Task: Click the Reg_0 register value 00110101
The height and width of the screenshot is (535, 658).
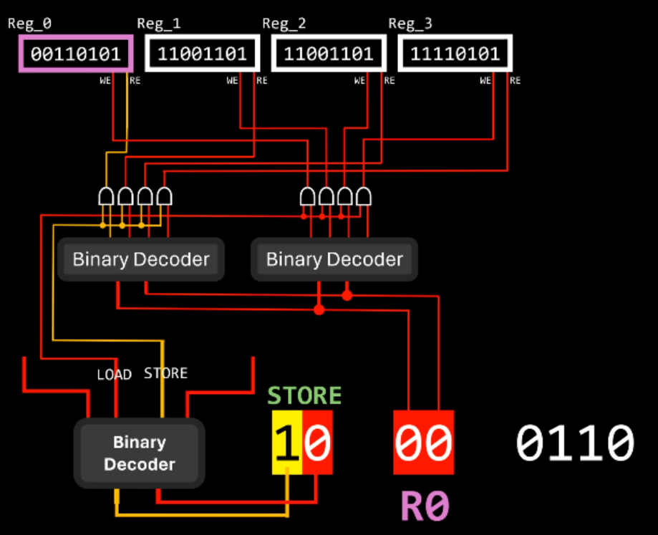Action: tap(76, 54)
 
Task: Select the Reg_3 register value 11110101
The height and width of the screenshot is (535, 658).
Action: tap(455, 54)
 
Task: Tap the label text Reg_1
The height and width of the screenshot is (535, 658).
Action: tap(158, 24)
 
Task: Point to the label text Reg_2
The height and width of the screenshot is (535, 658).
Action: tap(284, 24)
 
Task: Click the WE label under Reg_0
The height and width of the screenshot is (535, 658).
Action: tap(105, 80)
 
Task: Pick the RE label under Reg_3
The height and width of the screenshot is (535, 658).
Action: tap(516, 80)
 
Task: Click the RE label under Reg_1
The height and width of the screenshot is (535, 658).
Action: tap(262, 80)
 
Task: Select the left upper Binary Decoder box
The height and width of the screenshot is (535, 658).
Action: tap(141, 259)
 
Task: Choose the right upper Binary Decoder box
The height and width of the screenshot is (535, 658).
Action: tap(334, 259)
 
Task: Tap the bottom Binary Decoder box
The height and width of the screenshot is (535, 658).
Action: tap(140, 453)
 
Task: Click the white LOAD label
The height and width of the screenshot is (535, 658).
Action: tap(114, 375)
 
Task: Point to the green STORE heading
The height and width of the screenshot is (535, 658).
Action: tap(304, 395)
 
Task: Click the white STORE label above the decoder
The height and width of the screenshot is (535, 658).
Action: tap(165, 373)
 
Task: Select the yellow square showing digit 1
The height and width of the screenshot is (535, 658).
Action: tap(287, 442)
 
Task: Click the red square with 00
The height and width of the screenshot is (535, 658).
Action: tap(423, 442)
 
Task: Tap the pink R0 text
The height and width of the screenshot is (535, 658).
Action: tap(423, 506)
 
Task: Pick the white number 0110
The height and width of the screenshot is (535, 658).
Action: tap(575, 442)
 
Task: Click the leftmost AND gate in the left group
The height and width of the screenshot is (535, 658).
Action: tap(106, 196)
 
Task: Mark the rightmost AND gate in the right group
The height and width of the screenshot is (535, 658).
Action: tap(364, 196)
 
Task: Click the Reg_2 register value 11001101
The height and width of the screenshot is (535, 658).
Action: tap(329, 54)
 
